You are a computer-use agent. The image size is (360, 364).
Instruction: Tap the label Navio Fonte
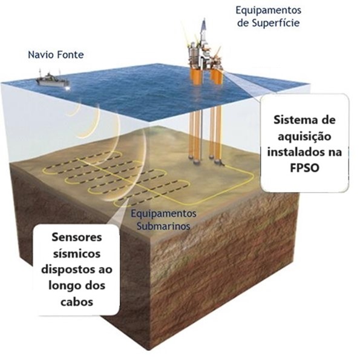pos(56,55)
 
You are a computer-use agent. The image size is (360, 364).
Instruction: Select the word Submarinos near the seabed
pos(163,226)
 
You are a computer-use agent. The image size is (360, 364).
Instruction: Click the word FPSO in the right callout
pos(304,168)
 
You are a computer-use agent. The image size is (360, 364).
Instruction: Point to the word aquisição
pos(304,137)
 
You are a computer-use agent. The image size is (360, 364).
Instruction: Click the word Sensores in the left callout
pos(77,237)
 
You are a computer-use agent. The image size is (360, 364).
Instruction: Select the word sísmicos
pos(77,254)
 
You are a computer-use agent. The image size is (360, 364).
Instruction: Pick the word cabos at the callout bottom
pos(77,302)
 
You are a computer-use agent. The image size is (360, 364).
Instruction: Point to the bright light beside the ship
pos(68,88)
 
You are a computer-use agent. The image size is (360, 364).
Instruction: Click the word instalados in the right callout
pos(294,152)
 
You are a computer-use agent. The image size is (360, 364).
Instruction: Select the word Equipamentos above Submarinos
pos(163,214)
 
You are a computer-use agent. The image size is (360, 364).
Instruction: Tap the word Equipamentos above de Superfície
pos(269,10)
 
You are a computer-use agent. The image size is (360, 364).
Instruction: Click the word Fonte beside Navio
pos(70,55)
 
